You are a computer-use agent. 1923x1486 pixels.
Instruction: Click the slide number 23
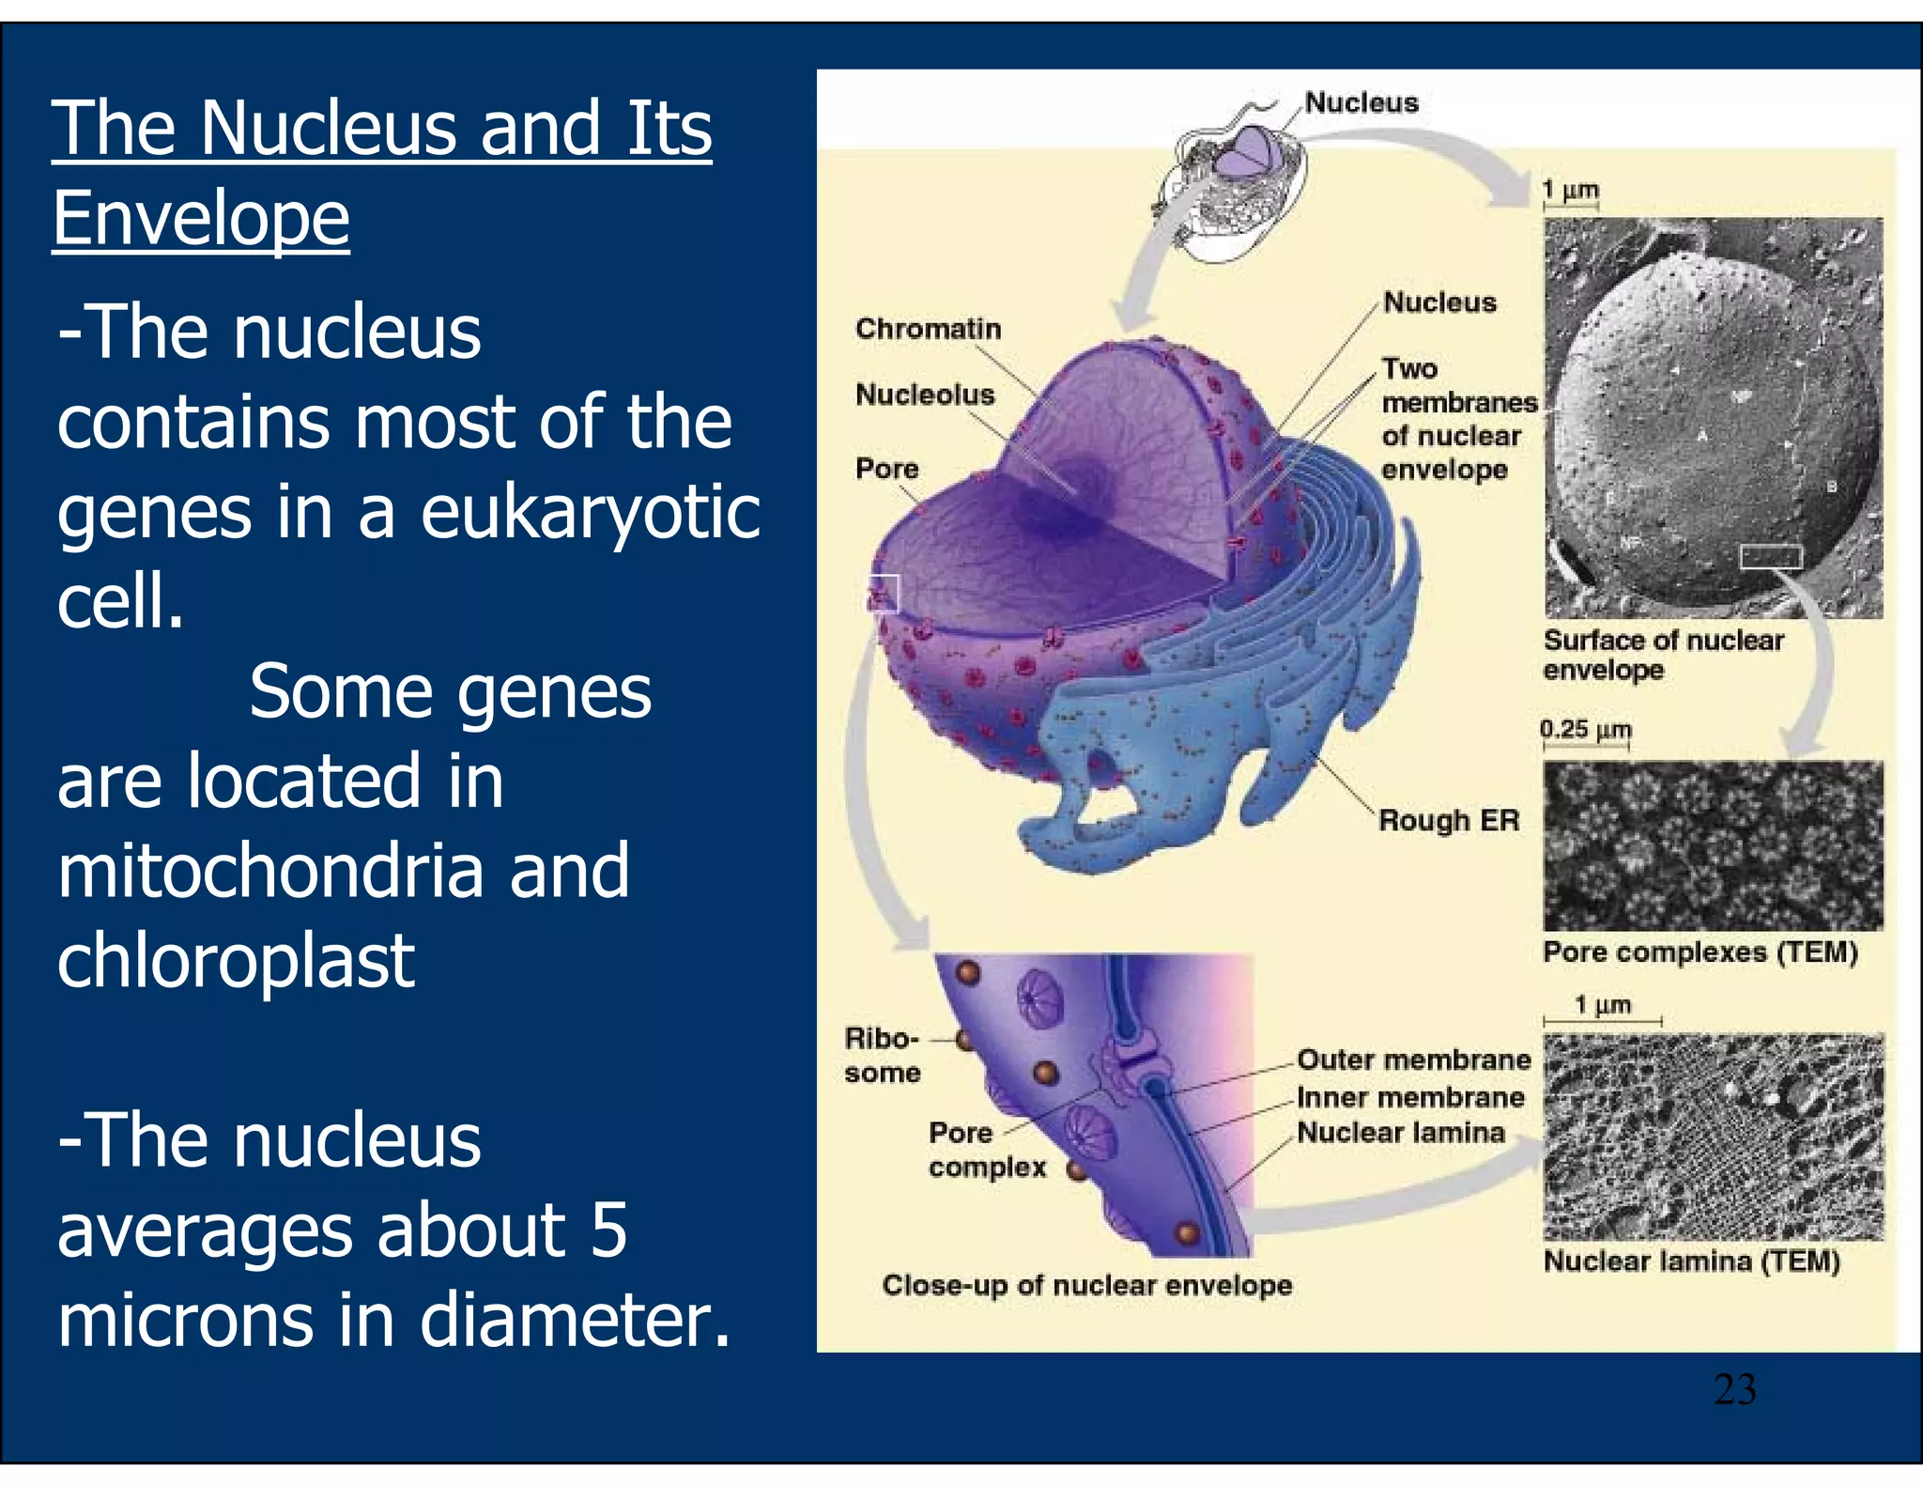click(x=1734, y=1389)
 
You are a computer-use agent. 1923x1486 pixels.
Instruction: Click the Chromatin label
click(x=928, y=329)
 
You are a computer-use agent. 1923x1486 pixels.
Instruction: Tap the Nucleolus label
click(x=925, y=395)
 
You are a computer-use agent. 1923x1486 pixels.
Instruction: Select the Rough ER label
click(x=1448, y=821)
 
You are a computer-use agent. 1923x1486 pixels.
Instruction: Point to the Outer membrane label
click(x=1413, y=1060)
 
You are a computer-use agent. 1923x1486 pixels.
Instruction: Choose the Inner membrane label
click(x=1410, y=1097)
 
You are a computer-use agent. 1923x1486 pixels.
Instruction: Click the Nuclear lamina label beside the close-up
click(x=1401, y=1133)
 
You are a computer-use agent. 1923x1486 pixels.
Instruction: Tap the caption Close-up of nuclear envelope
click(x=1086, y=1285)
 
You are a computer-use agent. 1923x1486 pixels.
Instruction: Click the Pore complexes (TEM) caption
click(x=1700, y=952)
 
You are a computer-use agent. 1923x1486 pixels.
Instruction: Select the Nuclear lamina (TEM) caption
click(x=1691, y=1261)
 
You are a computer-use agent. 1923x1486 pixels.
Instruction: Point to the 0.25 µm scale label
click(x=1586, y=729)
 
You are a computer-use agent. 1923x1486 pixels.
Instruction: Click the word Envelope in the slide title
click(x=201, y=218)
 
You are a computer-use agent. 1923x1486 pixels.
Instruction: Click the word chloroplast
click(x=236, y=961)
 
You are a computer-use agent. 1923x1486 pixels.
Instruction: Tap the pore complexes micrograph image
click(x=1713, y=845)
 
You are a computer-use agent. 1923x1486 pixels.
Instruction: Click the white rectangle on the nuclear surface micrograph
click(x=1770, y=557)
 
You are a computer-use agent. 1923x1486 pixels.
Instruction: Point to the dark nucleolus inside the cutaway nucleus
click(x=1080, y=488)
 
